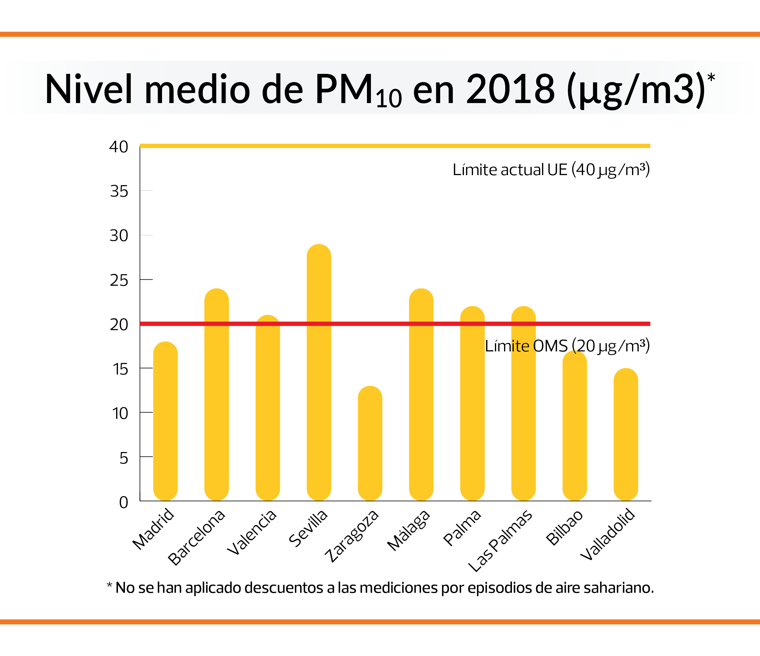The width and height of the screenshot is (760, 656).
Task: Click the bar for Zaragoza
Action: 370,444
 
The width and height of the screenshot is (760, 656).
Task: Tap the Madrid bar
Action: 165,422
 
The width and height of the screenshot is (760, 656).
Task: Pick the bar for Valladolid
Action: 626,436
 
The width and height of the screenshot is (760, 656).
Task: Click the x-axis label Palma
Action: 462,528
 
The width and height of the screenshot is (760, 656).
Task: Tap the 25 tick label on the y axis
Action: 119,281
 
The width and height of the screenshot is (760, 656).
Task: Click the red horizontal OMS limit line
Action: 367,324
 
